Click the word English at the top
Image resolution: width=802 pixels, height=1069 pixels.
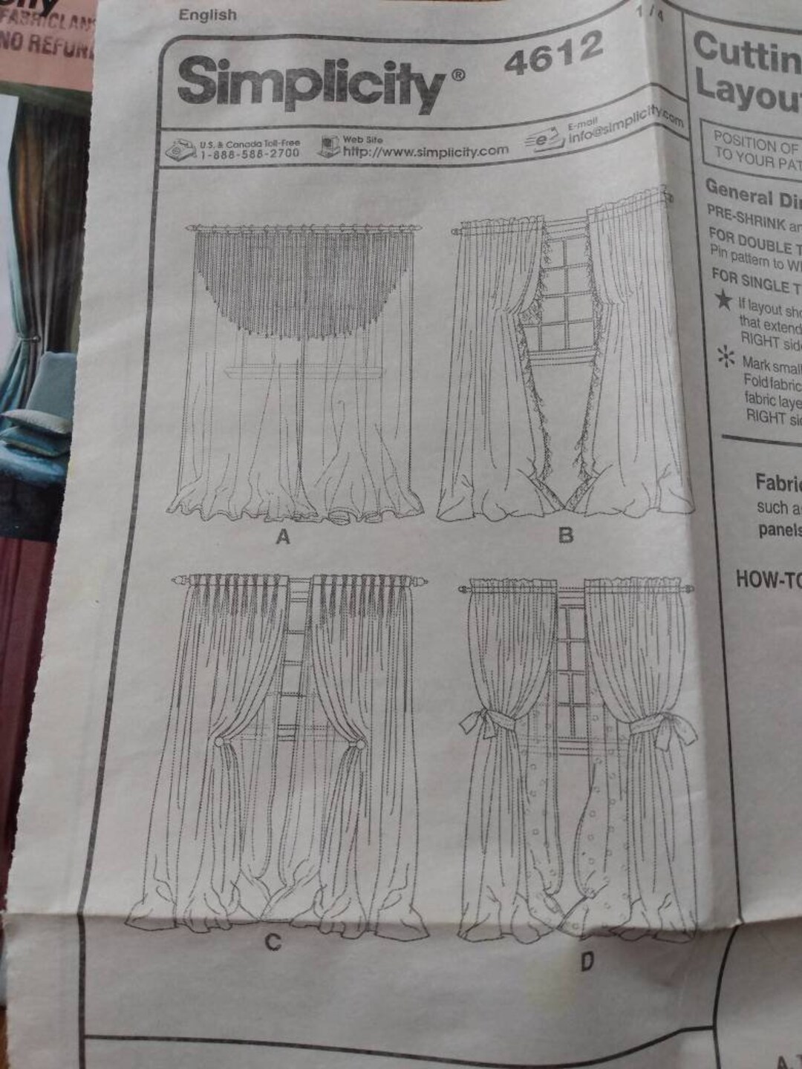(x=207, y=15)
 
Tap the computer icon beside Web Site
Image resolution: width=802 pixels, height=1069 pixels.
(x=327, y=145)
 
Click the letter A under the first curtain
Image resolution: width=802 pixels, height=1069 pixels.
(x=282, y=538)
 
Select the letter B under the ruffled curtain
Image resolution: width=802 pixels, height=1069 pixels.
(x=566, y=534)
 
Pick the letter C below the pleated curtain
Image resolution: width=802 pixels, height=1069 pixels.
(x=273, y=942)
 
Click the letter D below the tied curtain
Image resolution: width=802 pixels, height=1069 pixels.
(x=587, y=963)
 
